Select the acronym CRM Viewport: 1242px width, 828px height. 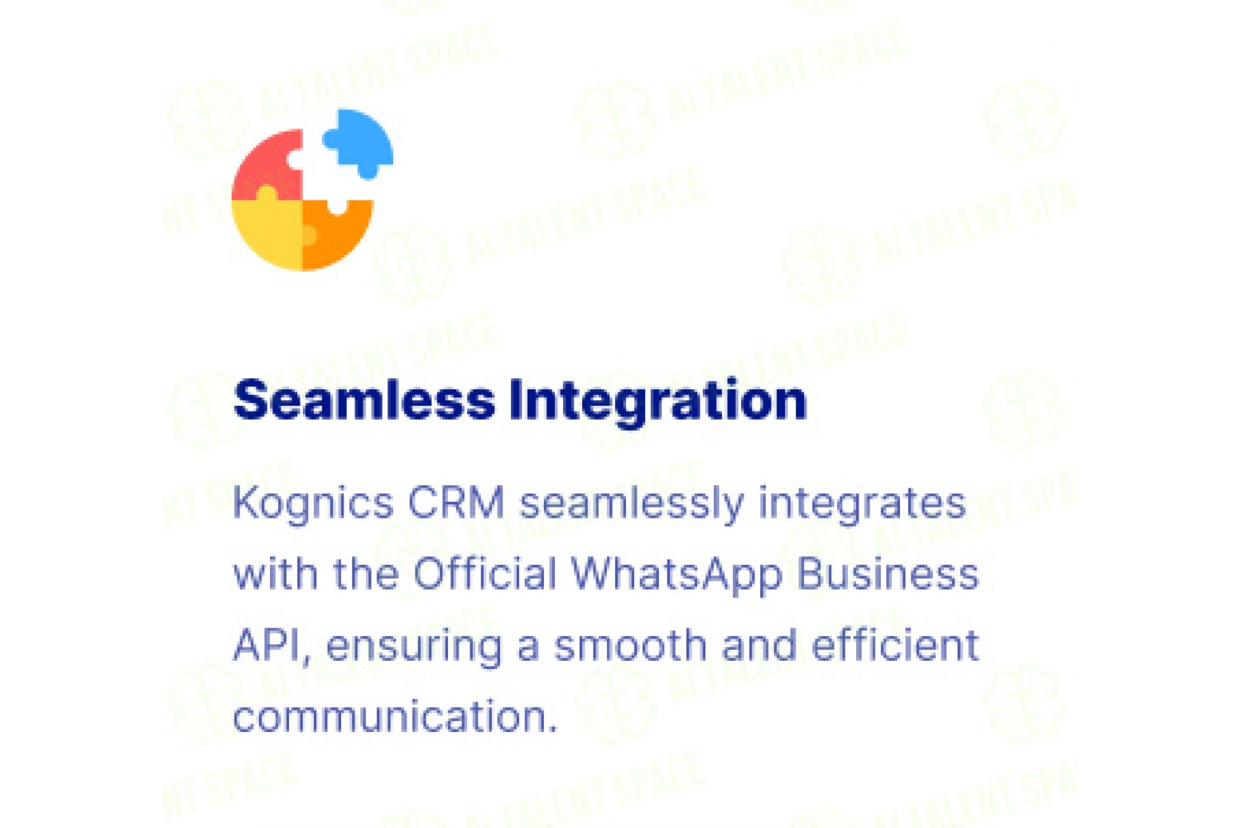[455, 503]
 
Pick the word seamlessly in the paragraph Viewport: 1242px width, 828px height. [631, 504]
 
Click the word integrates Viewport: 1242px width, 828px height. [862, 504]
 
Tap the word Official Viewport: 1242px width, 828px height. [484, 574]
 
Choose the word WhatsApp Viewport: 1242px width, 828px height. [676, 575]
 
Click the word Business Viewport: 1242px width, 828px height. [888, 574]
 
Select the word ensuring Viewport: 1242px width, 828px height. [414, 647]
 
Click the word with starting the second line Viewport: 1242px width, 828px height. [276, 574]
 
